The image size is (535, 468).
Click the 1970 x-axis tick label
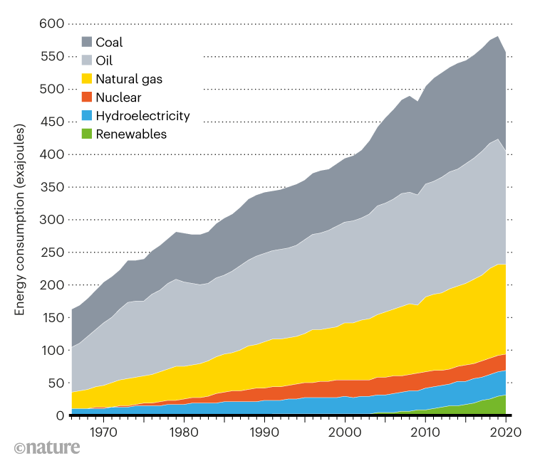pos(103,432)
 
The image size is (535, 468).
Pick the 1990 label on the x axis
pos(264,432)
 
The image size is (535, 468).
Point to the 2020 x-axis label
pos(506,432)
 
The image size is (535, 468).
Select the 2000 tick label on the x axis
pos(345,432)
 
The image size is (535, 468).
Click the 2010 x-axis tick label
pos(425,432)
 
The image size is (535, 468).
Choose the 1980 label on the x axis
pos(184,432)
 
